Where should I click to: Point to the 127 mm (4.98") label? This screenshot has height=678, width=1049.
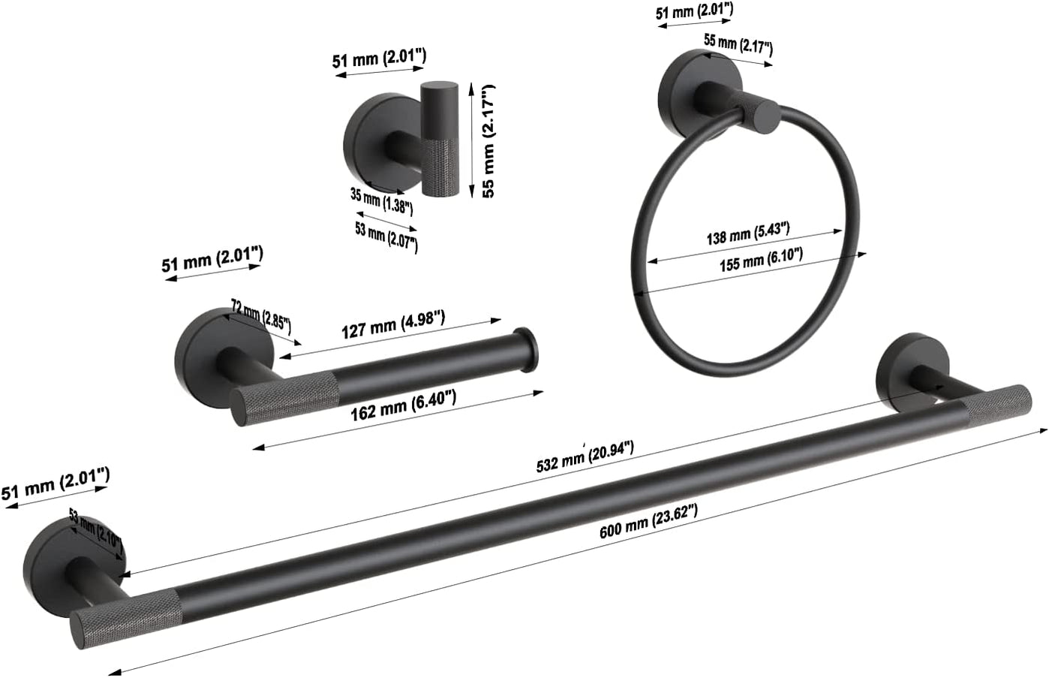pos(393,324)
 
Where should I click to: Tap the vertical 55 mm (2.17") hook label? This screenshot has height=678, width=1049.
pos(488,140)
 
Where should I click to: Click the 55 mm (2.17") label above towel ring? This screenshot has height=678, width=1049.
pos(738,47)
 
